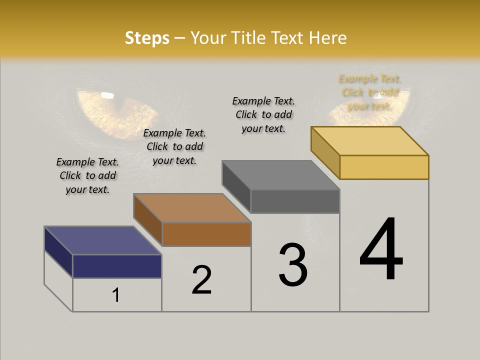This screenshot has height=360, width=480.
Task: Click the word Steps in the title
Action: click(x=147, y=38)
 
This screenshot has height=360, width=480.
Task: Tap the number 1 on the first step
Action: click(x=116, y=295)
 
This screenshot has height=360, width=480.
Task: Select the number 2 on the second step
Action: click(x=202, y=280)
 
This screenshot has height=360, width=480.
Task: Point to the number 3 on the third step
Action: click(x=293, y=265)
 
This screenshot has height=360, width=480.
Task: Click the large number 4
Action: click(x=381, y=250)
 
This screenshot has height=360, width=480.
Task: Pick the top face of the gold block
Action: click(x=370, y=141)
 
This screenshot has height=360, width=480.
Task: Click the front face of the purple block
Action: click(x=117, y=266)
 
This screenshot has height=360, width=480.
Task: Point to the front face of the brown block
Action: click(x=206, y=234)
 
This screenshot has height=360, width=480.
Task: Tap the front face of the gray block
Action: click(x=295, y=201)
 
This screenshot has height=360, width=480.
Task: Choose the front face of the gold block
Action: click(x=384, y=167)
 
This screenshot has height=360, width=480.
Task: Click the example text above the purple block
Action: click(x=87, y=175)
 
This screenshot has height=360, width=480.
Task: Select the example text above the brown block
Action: click(x=174, y=146)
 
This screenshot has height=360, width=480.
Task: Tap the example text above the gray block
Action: click(x=263, y=114)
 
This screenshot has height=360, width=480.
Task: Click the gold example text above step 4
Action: click(x=370, y=92)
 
